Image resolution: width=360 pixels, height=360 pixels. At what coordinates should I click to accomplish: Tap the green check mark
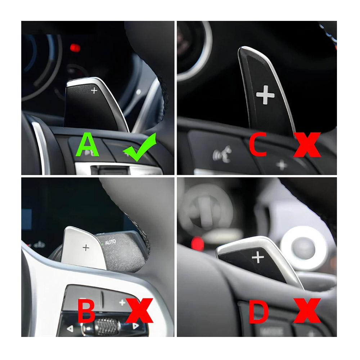click(140, 148)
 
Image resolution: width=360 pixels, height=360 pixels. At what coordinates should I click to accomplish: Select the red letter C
click(258, 145)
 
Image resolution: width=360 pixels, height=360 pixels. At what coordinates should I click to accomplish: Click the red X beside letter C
click(307, 145)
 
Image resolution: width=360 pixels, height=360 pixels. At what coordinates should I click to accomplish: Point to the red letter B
click(86, 310)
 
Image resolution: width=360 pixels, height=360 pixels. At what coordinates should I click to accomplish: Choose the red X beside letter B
click(139, 310)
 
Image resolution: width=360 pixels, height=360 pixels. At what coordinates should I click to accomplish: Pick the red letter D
click(258, 310)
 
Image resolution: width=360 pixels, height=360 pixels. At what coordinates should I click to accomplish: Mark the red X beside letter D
click(307, 310)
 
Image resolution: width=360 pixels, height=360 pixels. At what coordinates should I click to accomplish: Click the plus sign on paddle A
click(94, 91)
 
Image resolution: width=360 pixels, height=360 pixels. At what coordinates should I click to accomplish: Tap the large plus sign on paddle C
click(265, 94)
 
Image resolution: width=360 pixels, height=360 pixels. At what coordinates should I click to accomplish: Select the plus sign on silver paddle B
click(86, 248)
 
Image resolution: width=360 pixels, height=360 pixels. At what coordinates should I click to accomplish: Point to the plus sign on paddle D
click(258, 257)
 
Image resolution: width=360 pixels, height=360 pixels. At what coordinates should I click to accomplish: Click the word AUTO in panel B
click(111, 242)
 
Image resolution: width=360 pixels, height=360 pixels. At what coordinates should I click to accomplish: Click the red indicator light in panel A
click(75, 48)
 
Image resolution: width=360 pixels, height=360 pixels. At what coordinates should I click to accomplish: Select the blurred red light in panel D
click(197, 243)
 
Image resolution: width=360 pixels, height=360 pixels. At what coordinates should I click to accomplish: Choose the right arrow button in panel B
click(135, 326)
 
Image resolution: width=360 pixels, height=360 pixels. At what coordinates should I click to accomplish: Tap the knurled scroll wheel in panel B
click(107, 327)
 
